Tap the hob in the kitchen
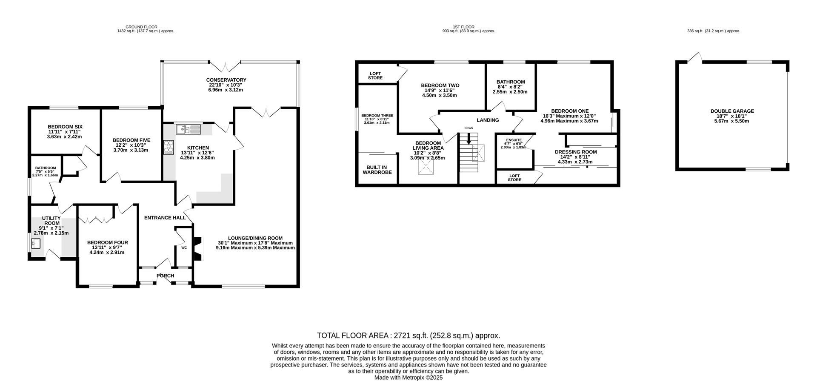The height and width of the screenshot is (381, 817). tap(169, 147)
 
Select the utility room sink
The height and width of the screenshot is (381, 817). tap(36, 244)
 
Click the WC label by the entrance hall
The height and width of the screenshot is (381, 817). tap(184, 247)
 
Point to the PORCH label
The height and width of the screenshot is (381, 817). tap(166, 276)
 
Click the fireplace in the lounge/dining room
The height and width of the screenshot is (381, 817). tap(198, 248)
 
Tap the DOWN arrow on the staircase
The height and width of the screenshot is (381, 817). tap(469, 139)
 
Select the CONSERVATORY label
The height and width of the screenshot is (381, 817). tap(226, 80)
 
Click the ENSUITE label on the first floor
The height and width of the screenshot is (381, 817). tap(514, 140)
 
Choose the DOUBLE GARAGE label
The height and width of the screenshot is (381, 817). tap(732, 111)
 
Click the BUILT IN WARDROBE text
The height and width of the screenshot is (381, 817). tap(377, 170)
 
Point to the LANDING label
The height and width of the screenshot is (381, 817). tap(488, 120)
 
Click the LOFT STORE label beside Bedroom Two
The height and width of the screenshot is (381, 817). tap(375, 76)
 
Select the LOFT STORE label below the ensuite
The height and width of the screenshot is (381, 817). tap(514, 178)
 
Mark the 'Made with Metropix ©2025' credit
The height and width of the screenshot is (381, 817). tap(408, 377)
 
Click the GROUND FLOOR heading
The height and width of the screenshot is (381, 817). tap(141, 27)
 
